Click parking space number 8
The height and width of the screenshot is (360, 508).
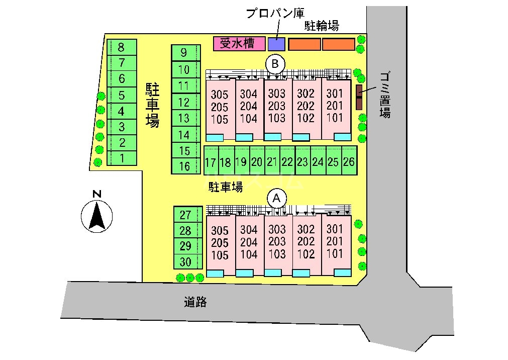pos(121,48)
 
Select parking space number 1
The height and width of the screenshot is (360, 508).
pos(121,158)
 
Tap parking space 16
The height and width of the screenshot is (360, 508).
pos(185,166)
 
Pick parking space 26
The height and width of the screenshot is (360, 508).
pos(348,161)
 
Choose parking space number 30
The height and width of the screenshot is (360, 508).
pos(186,261)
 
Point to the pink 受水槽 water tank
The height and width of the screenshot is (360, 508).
pos(239,44)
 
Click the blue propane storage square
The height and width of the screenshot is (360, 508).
pos(276,44)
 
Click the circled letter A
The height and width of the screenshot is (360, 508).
pos(276,198)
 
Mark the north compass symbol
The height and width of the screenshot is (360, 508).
pos(97,215)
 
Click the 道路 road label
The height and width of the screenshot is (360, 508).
pos(195,302)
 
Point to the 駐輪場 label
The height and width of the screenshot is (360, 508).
pos(322,26)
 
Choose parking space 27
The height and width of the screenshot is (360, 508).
pos(186,215)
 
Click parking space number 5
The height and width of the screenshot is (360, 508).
pos(121,95)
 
